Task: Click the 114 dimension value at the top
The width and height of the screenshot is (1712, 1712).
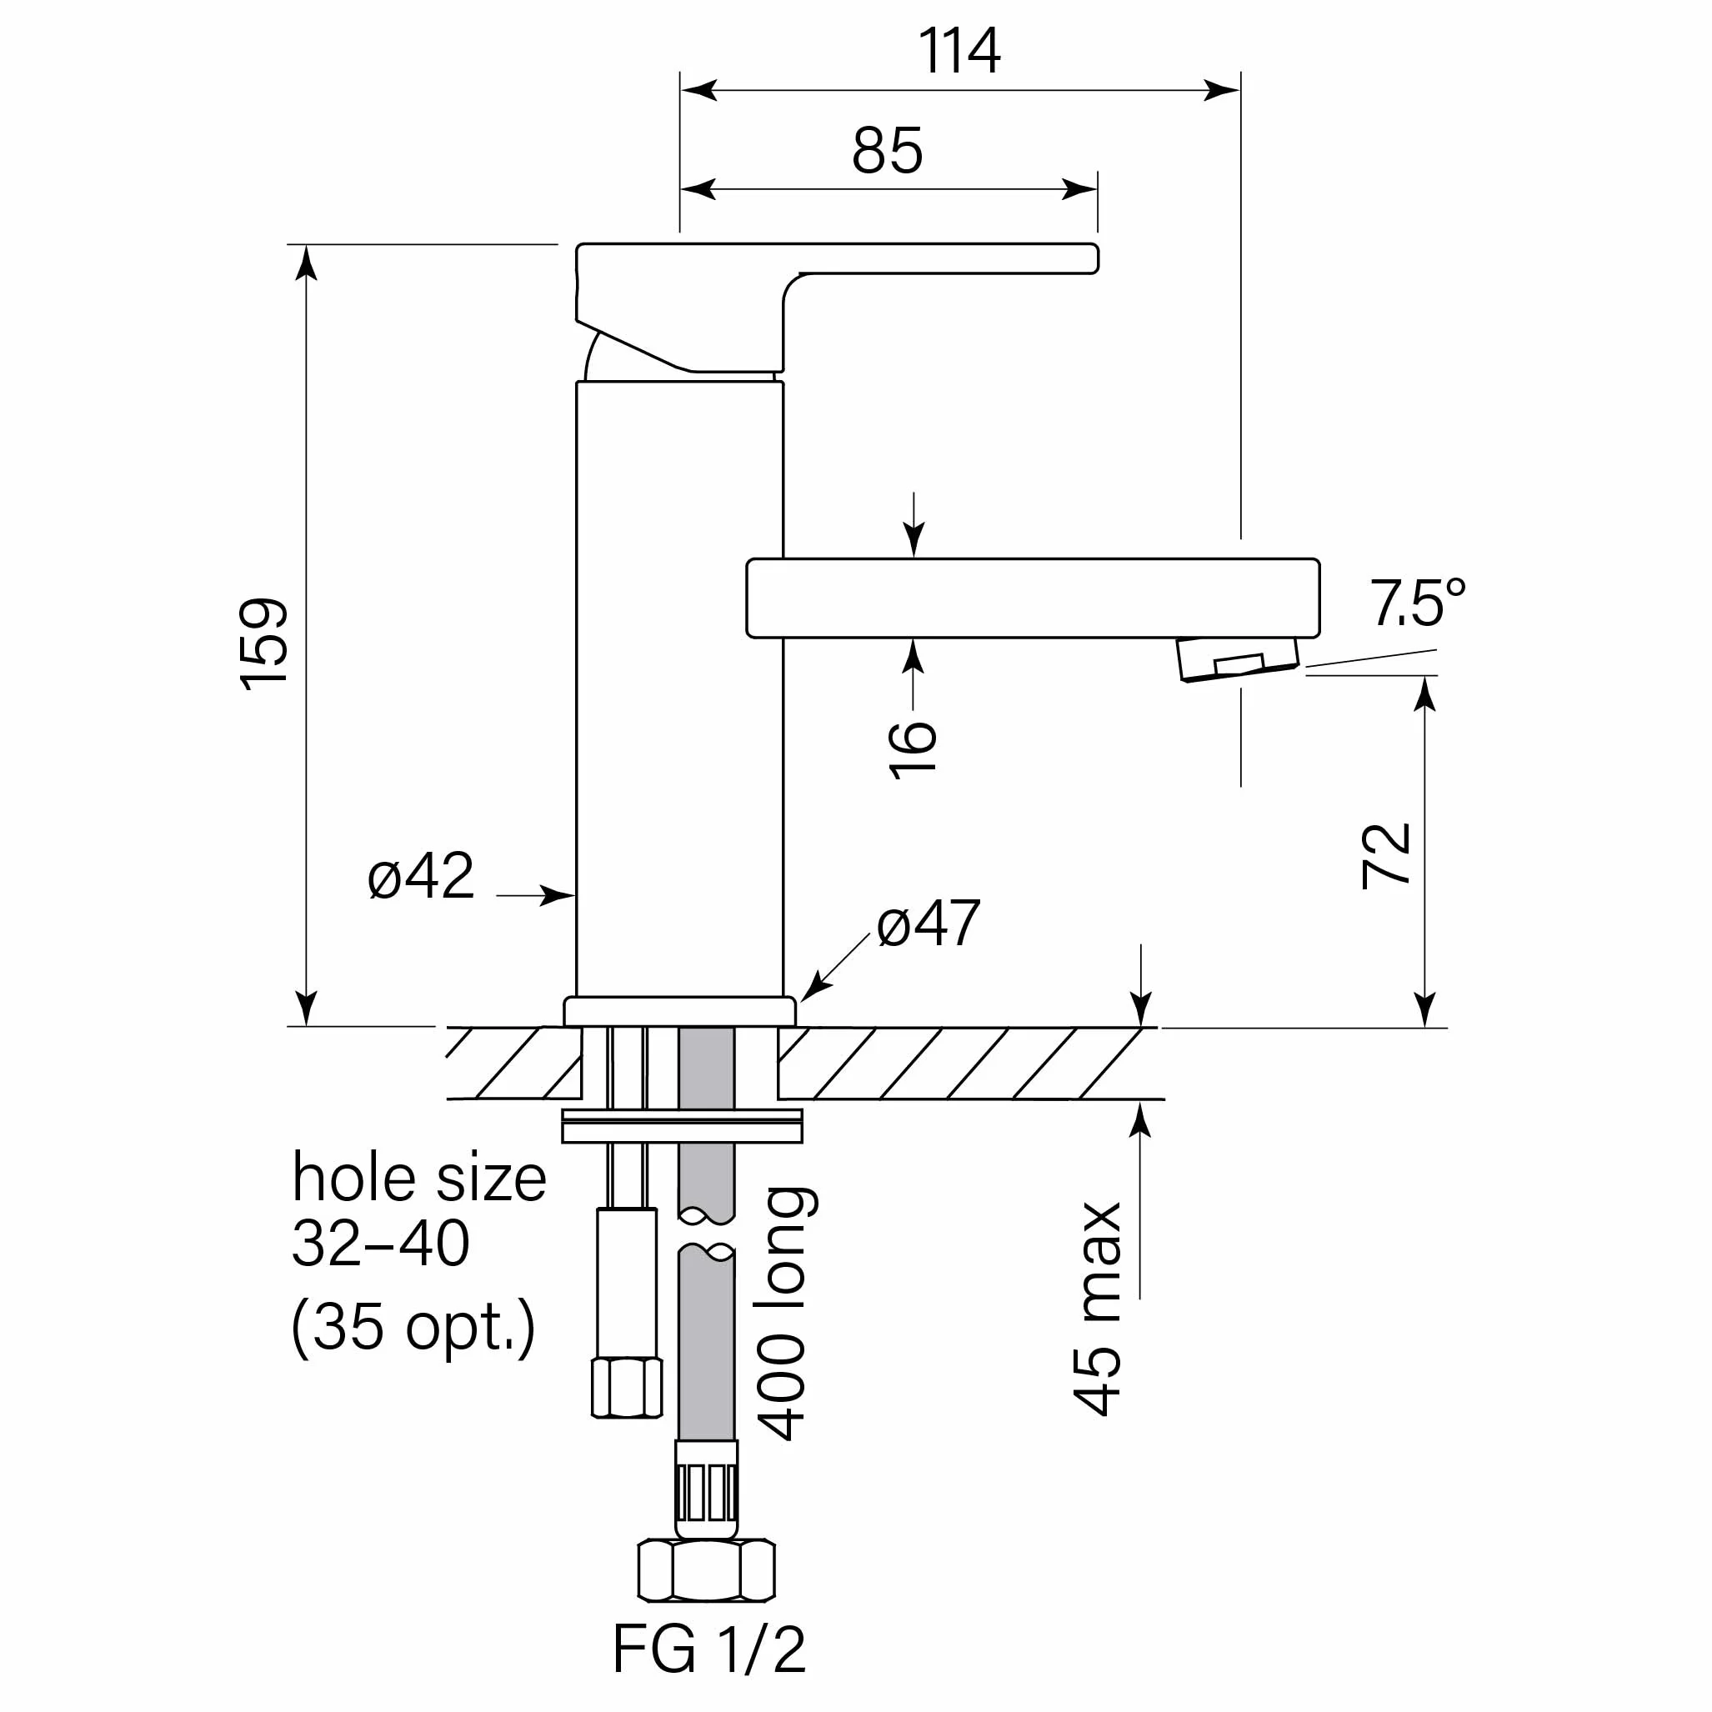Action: [x=959, y=51]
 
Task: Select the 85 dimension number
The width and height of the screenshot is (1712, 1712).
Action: [x=887, y=151]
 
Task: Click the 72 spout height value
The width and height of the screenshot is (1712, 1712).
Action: [x=1386, y=855]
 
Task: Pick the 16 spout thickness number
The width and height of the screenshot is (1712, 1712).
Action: [x=913, y=749]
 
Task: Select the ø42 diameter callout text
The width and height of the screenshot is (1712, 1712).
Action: [x=421, y=876]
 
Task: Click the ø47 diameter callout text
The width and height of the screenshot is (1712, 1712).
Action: [x=928, y=924]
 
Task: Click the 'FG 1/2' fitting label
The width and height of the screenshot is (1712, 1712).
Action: [x=709, y=1648]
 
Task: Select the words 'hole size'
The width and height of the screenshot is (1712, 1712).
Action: [x=419, y=1179]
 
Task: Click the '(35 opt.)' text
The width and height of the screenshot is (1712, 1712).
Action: [x=413, y=1328]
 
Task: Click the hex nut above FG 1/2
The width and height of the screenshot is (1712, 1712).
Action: [x=706, y=1570]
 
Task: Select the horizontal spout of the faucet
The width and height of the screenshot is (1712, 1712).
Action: [x=1033, y=598]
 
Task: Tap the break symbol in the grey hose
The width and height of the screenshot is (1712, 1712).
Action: [x=706, y=1233]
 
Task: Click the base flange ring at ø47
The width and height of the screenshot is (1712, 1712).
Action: [x=679, y=1011]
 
